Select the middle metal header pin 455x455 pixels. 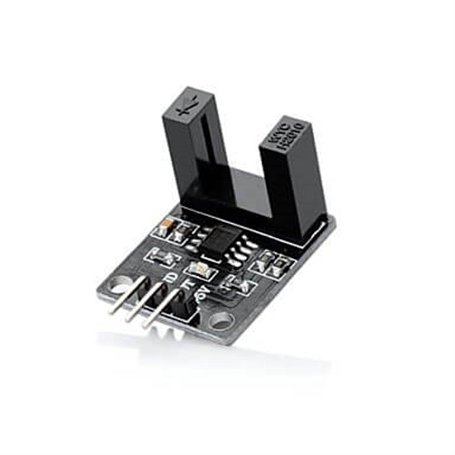[x=143, y=305]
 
